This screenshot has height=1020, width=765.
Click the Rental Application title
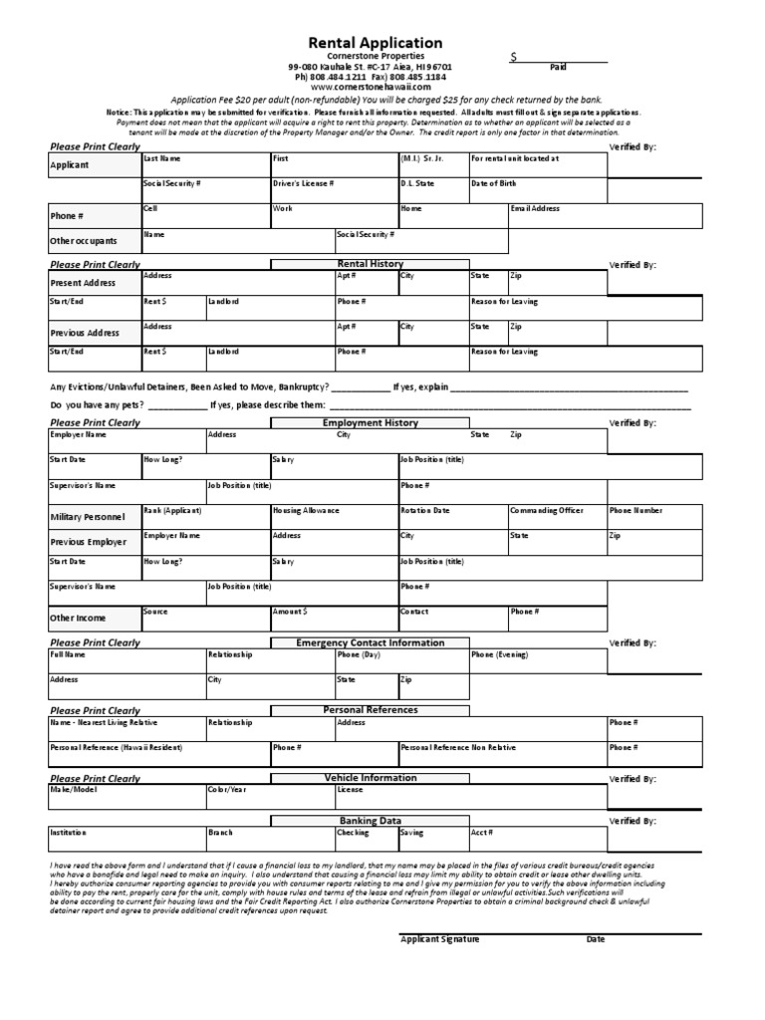[x=376, y=43]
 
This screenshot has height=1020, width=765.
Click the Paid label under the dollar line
[x=558, y=68]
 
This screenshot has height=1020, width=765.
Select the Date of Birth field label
[x=494, y=183]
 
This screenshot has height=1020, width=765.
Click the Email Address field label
[x=535, y=209]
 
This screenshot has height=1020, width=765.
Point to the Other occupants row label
[x=84, y=241]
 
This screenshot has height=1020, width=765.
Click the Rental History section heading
[x=371, y=264]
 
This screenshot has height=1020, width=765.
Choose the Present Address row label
[x=84, y=283]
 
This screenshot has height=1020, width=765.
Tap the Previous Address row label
[x=85, y=333]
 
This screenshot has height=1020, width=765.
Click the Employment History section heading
[x=371, y=423]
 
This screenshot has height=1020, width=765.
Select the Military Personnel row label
[x=88, y=518]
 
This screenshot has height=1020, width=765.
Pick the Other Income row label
[x=77, y=619]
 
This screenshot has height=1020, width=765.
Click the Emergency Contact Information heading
[x=371, y=643]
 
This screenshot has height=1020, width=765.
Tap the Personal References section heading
[x=371, y=710]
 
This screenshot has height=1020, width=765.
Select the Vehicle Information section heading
[x=371, y=778]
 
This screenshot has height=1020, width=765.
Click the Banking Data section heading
[x=371, y=821]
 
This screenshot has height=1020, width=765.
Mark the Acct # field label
[x=482, y=832]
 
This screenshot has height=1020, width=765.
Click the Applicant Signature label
[x=439, y=939]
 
